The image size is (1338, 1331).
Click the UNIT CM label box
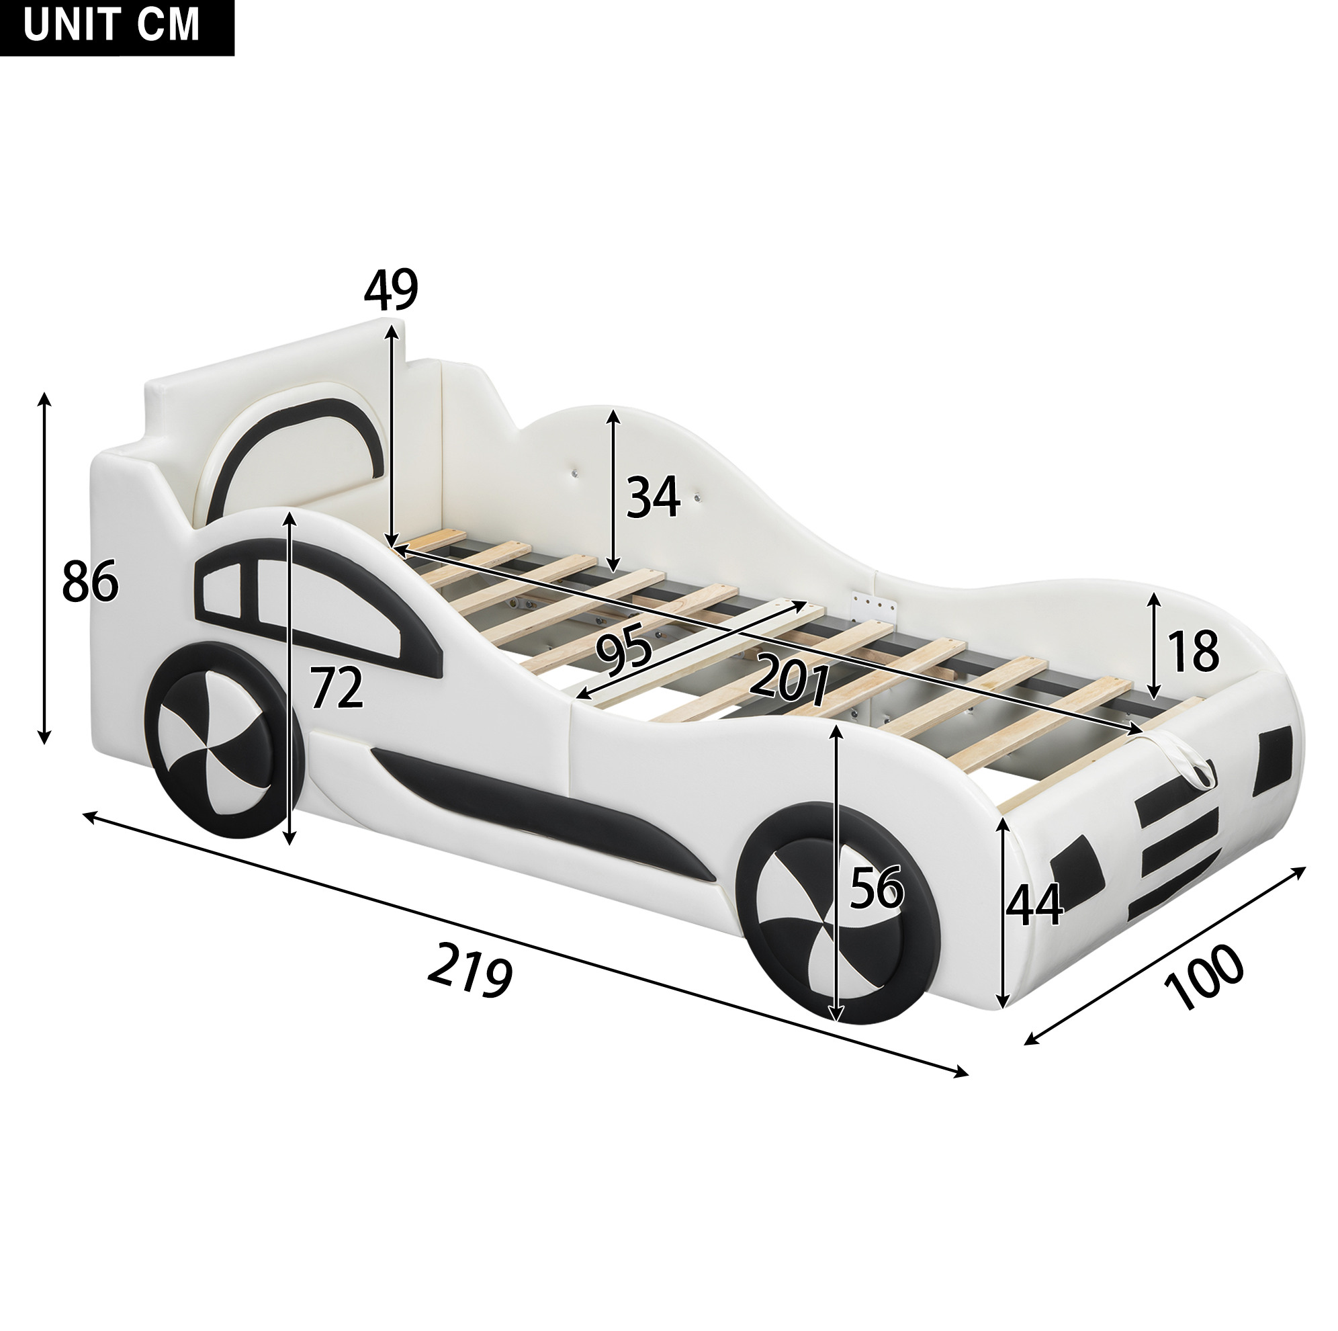117,28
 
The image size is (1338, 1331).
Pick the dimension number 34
653,497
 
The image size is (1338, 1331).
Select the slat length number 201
789,679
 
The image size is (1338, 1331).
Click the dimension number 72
337,687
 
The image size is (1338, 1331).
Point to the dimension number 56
877,888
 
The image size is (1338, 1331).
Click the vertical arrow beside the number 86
44,568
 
